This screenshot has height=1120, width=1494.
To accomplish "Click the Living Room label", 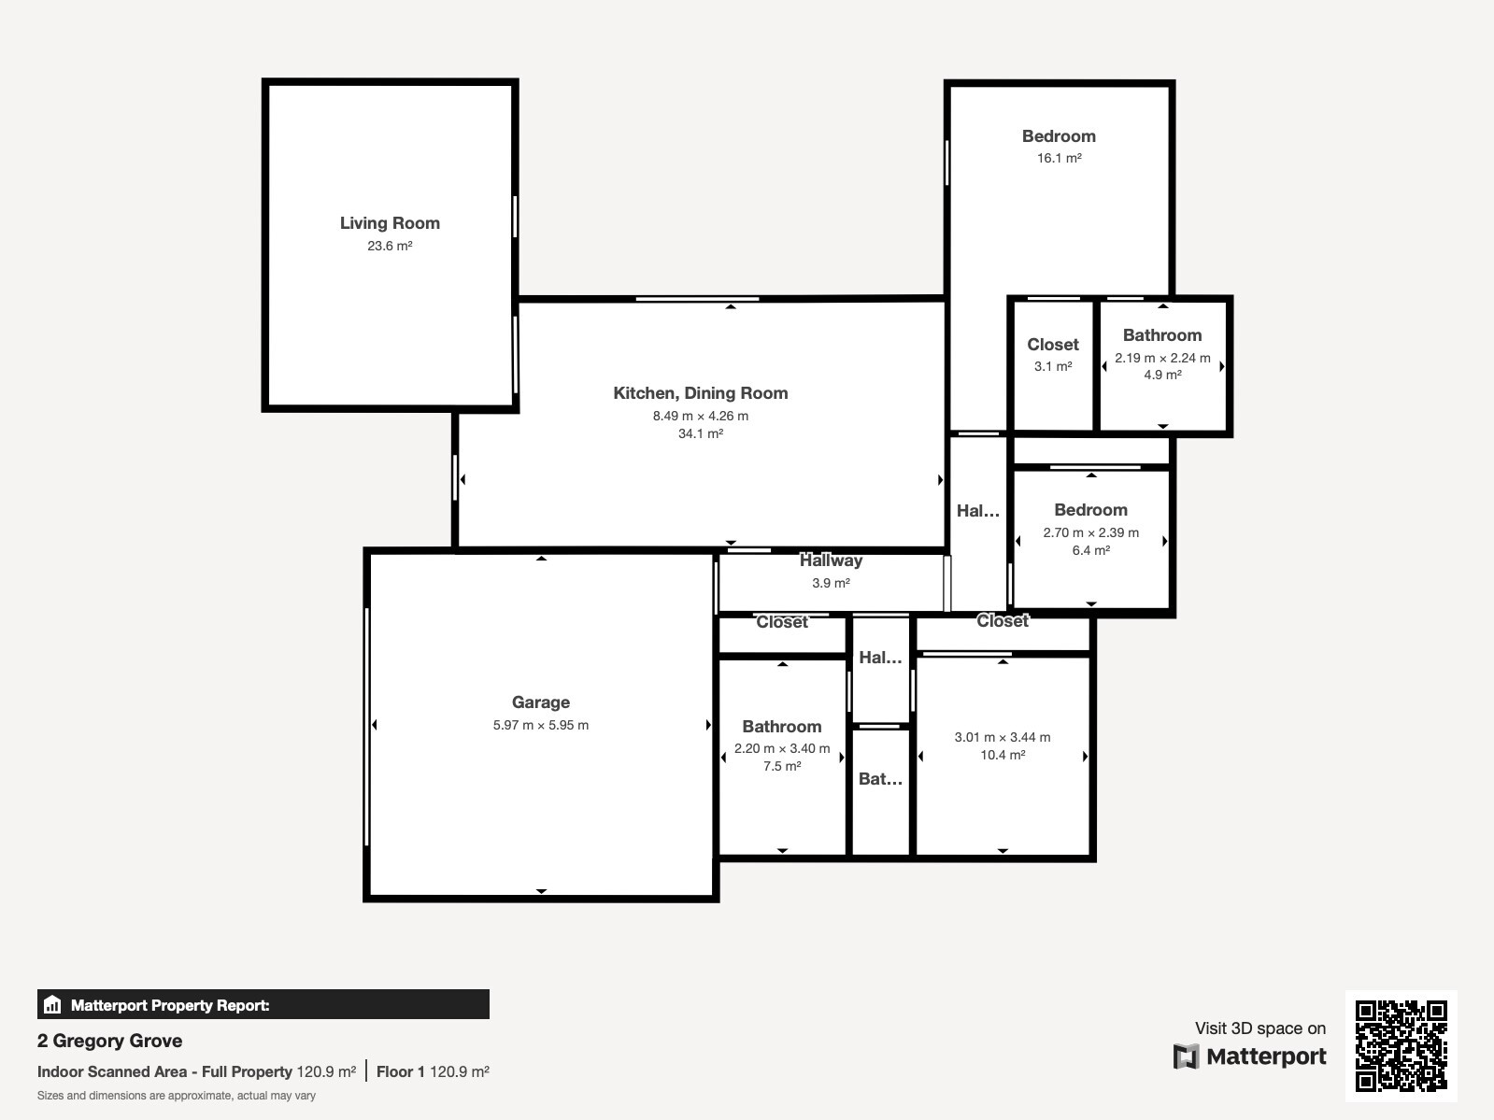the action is click(390, 223).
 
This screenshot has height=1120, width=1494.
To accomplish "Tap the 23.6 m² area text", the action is click(390, 246).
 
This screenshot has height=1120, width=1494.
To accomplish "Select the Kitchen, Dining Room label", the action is click(701, 393).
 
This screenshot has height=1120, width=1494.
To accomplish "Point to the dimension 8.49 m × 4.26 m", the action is click(701, 416).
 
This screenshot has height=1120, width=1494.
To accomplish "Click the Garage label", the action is click(540, 702).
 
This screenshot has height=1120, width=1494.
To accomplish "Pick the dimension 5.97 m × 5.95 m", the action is click(540, 726).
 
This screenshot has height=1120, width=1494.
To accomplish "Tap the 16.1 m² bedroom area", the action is click(1060, 158).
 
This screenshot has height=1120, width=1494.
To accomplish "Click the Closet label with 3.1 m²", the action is click(1053, 345).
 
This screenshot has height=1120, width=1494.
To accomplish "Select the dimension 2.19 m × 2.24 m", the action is click(1162, 358).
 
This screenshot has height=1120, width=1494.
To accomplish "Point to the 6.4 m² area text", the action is click(1091, 550).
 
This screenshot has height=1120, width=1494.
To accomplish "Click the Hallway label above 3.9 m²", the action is click(831, 560).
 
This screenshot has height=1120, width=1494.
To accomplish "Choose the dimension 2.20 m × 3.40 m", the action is click(782, 748).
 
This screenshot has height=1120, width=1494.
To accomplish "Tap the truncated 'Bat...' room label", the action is click(881, 778).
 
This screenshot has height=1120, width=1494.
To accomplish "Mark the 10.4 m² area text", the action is click(1003, 755).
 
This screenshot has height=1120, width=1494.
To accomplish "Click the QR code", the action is click(1401, 1046).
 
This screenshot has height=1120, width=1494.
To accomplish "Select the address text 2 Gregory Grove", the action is click(109, 1041).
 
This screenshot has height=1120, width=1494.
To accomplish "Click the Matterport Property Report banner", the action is click(263, 1004).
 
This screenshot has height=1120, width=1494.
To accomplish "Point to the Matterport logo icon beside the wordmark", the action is click(1187, 1056).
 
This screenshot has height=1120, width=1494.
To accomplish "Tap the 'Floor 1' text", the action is click(400, 1071).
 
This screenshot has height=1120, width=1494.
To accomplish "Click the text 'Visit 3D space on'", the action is click(1260, 1028).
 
